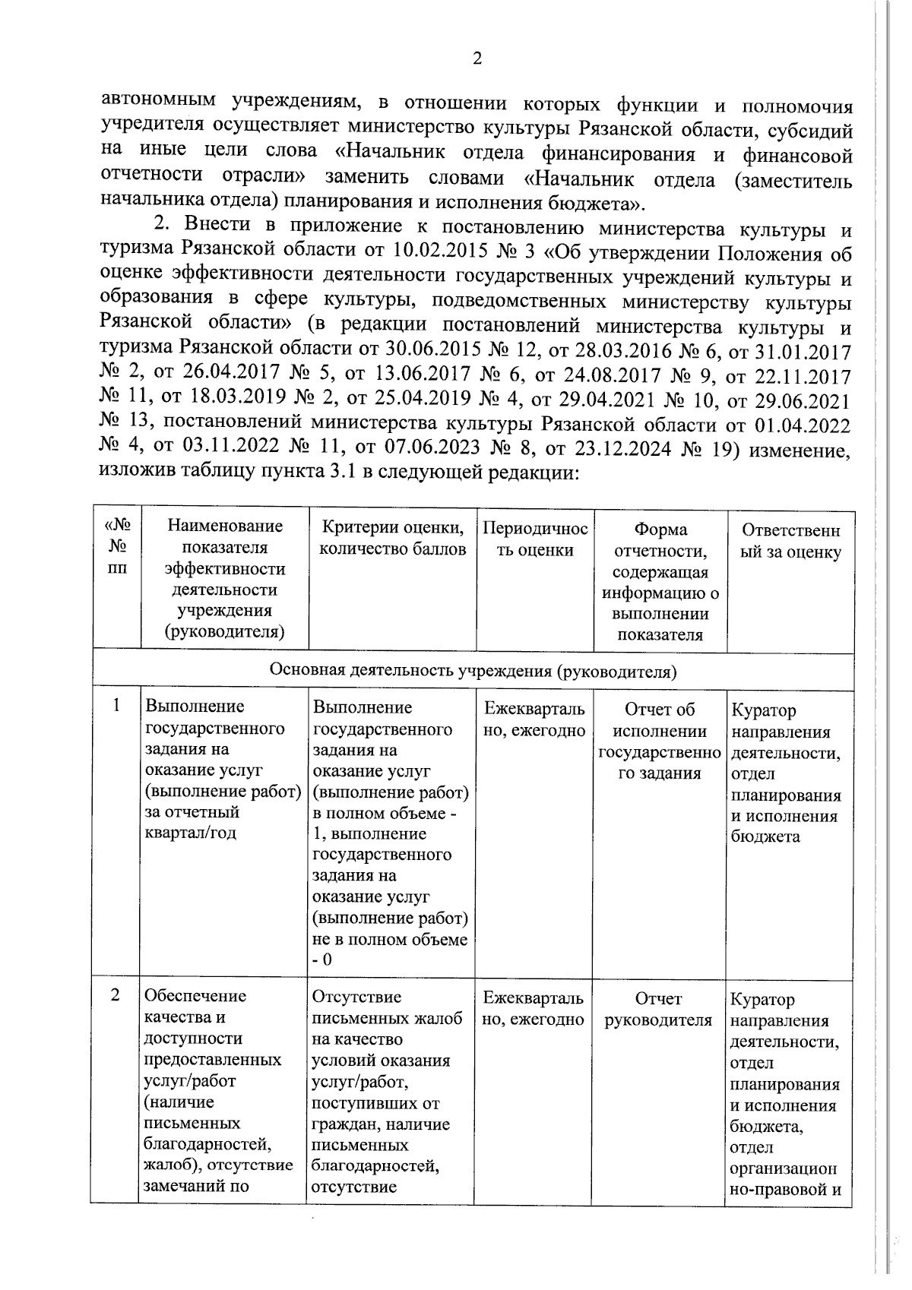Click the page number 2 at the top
477,59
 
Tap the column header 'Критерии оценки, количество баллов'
392,539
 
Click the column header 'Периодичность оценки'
535,539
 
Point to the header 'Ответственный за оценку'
790,541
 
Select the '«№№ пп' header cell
117,545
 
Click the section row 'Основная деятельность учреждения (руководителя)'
473,672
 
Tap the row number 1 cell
116,706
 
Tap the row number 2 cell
116,994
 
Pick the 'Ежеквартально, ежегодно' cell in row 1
534,719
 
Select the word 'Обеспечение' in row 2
195,995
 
